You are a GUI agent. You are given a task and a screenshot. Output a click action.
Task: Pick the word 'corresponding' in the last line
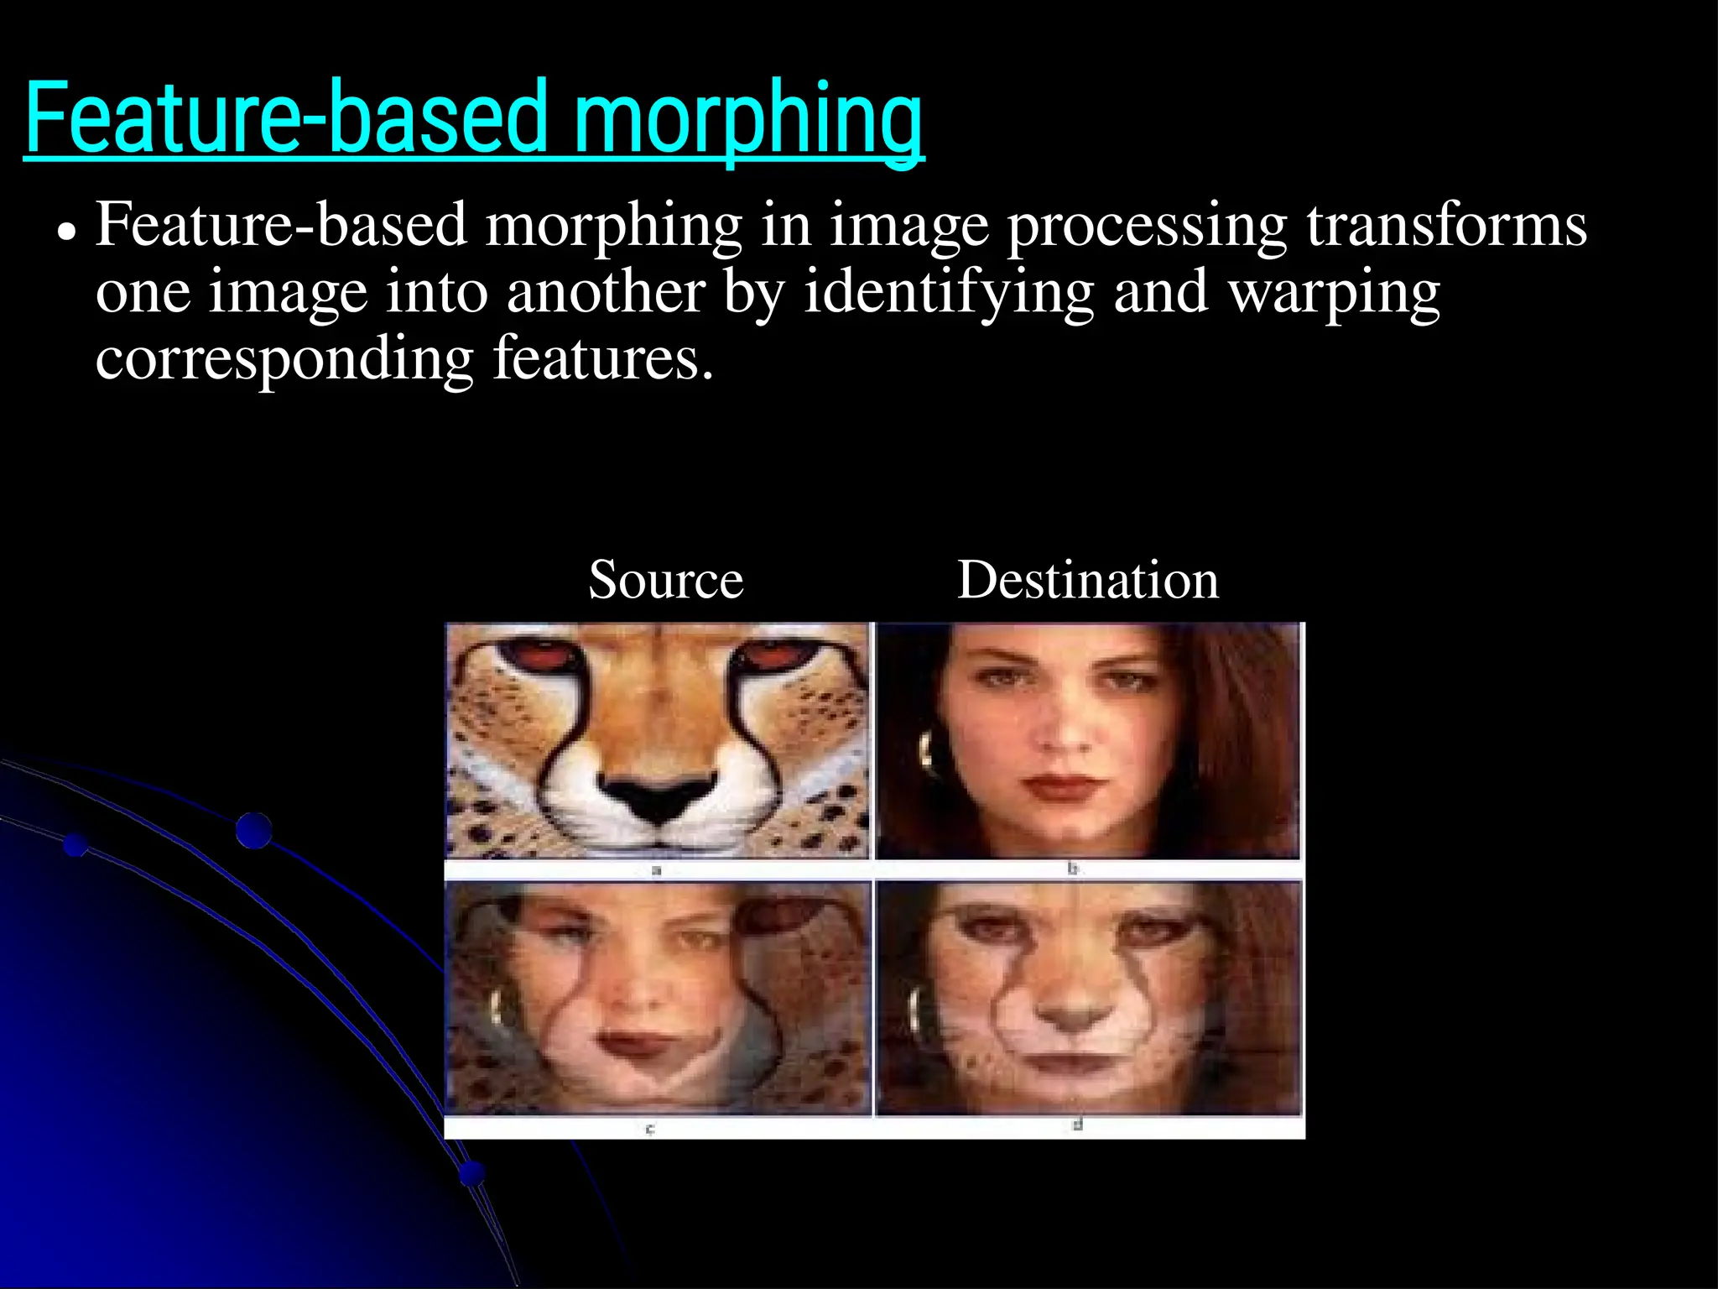[x=284, y=358]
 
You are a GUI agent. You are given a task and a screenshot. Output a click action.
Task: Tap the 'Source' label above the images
[x=666, y=580]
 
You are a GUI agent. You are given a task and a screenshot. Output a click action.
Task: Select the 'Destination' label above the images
[x=1088, y=580]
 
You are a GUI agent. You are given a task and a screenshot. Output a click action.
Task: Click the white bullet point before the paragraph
[x=66, y=230]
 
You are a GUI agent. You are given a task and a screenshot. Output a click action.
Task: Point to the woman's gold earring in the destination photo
[x=926, y=749]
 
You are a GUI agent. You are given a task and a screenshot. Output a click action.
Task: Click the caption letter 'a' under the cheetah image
[x=657, y=870]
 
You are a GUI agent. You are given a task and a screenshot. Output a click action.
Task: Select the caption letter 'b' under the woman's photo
[x=1072, y=869]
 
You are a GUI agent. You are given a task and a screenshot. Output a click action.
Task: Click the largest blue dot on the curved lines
[x=253, y=830]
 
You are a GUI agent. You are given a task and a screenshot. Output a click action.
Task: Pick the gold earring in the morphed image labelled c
[x=497, y=1007]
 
